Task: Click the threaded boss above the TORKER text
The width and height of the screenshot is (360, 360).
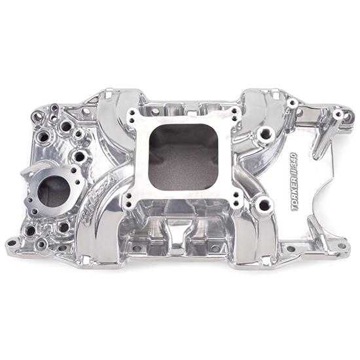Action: click(264, 135)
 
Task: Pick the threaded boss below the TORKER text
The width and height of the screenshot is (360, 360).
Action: click(264, 206)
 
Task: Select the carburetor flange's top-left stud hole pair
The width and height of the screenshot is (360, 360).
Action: click(135, 115)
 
